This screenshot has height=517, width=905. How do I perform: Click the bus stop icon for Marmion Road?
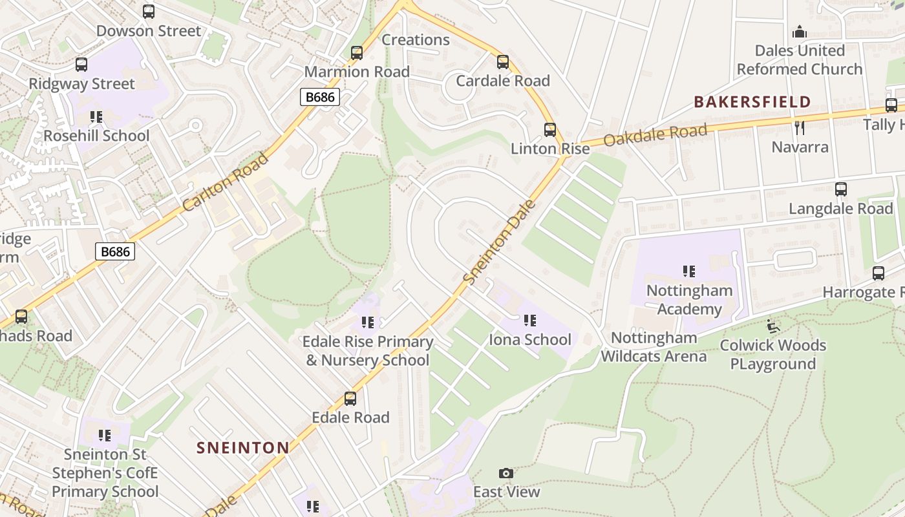pyautogui.click(x=356, y=53)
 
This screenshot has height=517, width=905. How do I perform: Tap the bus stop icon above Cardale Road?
pyautogui.click(x=502, y=62)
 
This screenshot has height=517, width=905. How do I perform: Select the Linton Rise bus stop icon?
pyautogui.click(x=549, y=130)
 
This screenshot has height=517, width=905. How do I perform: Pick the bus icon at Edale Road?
pyautogui.click(x=350, y=399)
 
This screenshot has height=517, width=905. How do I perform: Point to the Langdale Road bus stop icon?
pyautogui.click(x=840, y=189)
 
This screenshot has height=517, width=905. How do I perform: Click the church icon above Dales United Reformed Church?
pyautogui.click(x=800, y=32)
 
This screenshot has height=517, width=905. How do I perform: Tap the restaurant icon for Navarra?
pyautogui.click(x=800, y=128)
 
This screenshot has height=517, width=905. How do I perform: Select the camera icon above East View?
pyautogui.click(x=506, y=474)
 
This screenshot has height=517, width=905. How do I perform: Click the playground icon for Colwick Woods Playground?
pyautogui.click(x=772, y=326)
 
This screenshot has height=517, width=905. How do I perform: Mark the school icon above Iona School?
pyautogui.click(x=530, y=321)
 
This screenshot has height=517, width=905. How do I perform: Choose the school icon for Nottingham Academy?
pyautogui.click(x=689, y=271)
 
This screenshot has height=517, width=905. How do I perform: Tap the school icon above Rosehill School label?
pyautogui.click(x=96, y=117)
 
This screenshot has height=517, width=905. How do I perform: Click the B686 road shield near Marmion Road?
pyautogui.click(x=320, y=97)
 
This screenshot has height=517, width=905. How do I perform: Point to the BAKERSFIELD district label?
pyautogui.click(x=752, y=101)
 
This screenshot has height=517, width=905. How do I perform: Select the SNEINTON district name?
pyautogui.click(x=243, y=447)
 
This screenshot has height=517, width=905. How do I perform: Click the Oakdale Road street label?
pyautogui.click(x=655, y=135)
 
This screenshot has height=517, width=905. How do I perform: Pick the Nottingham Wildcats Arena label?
pyautogui.click(x=654, y=346)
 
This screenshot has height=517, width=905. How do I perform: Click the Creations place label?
pyautogui.click(x=416, y=39)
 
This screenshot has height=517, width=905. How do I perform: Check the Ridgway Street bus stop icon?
pyautogui.click(x=81, y=65)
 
